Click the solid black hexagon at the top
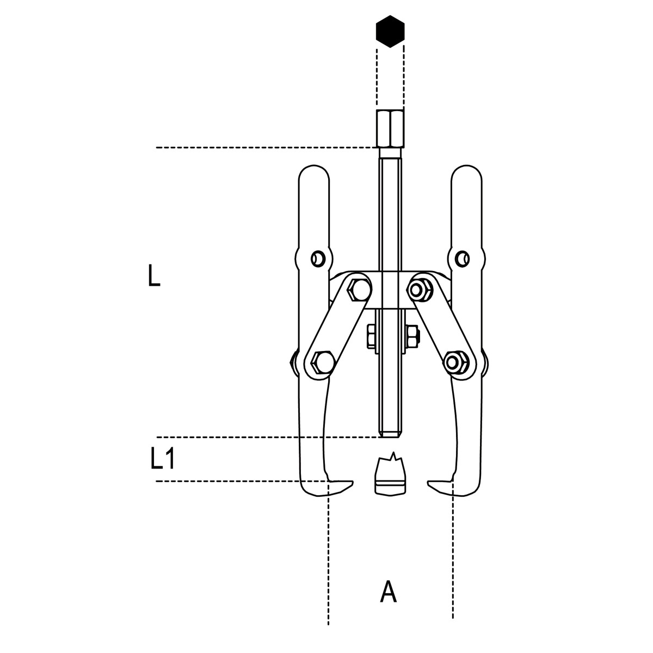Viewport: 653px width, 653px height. click(390, 31)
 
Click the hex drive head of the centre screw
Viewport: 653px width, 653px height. click(390, 128)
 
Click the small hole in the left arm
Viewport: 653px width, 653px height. click(318, 259)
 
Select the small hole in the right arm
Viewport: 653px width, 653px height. click(462, 259)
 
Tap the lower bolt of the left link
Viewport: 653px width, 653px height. click(321, 361)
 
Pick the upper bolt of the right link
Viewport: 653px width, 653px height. click(421, 290)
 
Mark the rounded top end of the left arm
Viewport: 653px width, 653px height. click(314, 175)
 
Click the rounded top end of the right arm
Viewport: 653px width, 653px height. click(466, 175)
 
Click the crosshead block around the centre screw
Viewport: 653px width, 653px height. click(390, 290)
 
